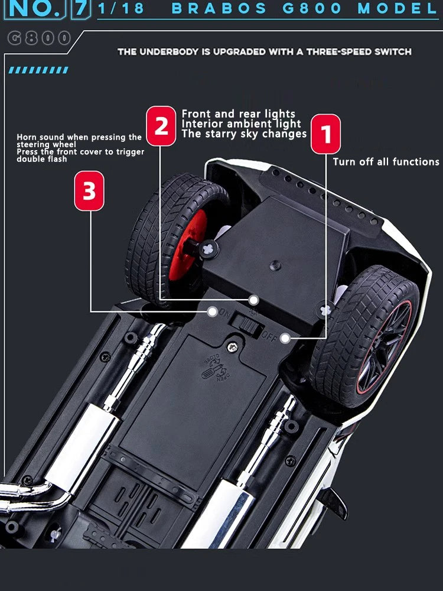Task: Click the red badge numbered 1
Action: click(x=325, y=134)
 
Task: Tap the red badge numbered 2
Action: click(x=161, y=126)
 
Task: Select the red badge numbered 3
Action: click(x=89, y=191)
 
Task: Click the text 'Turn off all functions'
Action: click(x=386, y=161)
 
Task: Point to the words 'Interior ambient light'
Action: click(x=241, y=124)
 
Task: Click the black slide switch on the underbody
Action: click(x=245, y=324)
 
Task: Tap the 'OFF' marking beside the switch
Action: click(x=269, y=337)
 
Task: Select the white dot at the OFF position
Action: click(x=285, y=338)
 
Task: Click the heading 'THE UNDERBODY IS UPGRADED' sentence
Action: click(x=264, y=52)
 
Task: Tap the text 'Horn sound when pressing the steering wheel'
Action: click(x=79, y=141)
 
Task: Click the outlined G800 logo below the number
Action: click(x=40, y=38)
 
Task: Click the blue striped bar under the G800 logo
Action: click(x=38, y=70)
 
